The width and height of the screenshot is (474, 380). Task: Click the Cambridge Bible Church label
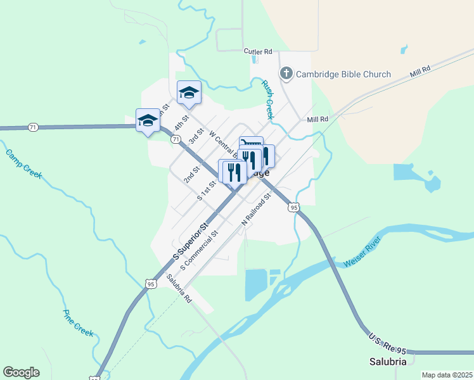(342, 74)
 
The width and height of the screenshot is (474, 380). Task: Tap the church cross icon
(286, 74)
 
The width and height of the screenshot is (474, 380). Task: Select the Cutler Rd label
(258, 51)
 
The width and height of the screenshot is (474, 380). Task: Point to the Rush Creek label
(268, 99)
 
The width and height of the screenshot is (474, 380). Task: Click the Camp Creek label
(23, 163)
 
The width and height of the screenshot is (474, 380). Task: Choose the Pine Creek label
(77, 322)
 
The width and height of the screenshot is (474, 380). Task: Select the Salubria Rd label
(179, 288)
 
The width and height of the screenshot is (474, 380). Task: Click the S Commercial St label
(199, 250)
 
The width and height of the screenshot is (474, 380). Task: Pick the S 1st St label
(207, 191)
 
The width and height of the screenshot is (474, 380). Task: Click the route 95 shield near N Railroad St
(292, 207)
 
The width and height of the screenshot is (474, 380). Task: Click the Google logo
(21, 372)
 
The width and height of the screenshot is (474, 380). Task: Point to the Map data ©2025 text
(447, 375)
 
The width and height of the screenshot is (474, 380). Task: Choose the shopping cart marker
(251, 143)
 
